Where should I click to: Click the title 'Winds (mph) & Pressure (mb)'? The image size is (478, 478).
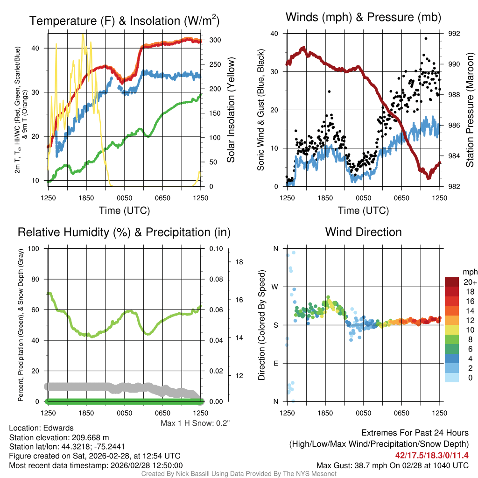click(x=363, y=18)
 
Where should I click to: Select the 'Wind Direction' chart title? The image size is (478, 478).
click(x=363, y=232)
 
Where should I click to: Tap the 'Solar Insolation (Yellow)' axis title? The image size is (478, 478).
click(x=231, y=110)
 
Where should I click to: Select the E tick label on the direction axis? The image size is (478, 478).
click(x=275, y=363)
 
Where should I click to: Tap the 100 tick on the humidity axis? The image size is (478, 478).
click(x=33, y=248)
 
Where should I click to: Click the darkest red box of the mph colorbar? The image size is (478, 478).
click(x=452, y=282)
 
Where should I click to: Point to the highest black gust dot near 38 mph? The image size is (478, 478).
click(x=426, y=39)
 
